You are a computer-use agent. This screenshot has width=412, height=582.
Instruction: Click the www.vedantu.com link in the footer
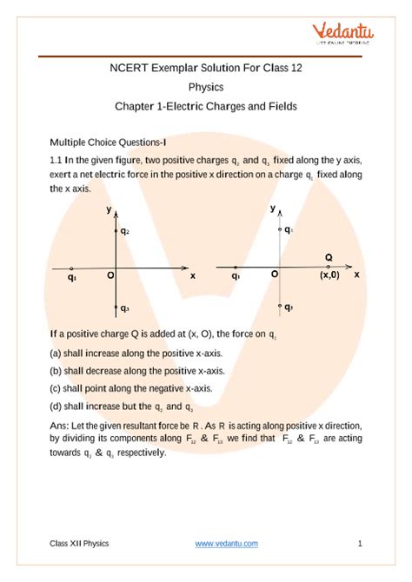pos(226,544)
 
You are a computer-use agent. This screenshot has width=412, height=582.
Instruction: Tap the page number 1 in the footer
pos(360,544)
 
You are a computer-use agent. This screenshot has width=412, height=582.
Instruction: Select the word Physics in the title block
pos(206,87)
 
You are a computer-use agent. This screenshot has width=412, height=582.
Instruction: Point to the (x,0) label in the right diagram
pos(329,274)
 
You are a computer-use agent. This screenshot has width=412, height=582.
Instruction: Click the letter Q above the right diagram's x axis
pos(329,257)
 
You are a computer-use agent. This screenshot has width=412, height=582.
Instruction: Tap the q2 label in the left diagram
pos(125,231)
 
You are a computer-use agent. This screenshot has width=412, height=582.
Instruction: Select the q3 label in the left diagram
pos(125,308)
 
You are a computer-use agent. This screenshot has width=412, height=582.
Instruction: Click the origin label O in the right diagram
pos(274,274)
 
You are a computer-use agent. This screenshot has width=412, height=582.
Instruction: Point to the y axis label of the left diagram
pos(108,210)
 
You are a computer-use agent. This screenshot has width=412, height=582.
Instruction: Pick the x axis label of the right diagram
pos(356,274)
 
